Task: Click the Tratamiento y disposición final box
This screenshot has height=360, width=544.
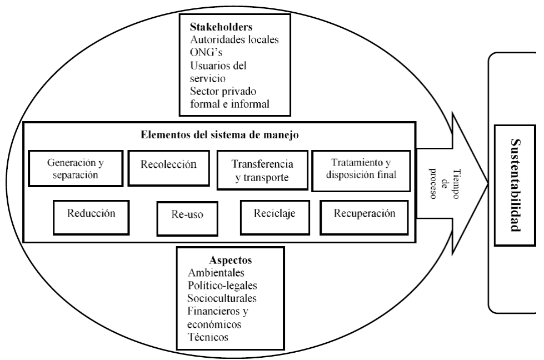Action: click(x=361, y=168)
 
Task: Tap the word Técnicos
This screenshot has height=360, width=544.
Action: click(x=211, y=337)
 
